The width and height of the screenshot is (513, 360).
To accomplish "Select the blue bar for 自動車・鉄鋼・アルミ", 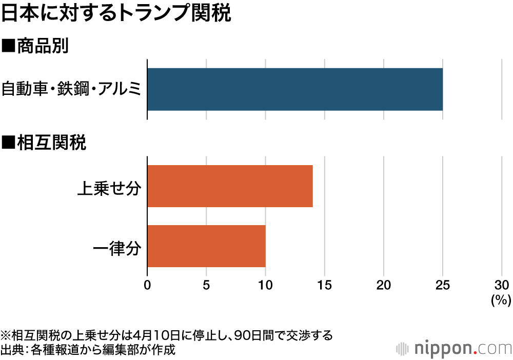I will pyautogui.click(x=295, y=89).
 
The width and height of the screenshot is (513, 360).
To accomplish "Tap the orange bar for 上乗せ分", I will pyautogui.click(x=230, y=186).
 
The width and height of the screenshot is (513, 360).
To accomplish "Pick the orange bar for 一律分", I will pyautogui.click(x=206, y=246).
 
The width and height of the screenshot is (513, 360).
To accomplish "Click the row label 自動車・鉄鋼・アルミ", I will pyautogui.click(x=71, y=89).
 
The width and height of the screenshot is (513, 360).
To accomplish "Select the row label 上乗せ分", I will pyautogui.click(x=108, y=187).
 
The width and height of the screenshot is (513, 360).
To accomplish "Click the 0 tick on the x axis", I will pyautogui.click(x=148, y=285).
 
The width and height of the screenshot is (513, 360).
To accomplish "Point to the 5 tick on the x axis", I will pyautogui.click(x=206, y=285).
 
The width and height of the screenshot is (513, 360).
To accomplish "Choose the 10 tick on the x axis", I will pyautogui.click(x=265, y=285).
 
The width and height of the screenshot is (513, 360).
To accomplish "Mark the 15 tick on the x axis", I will pyautogui.click(x=325, y=285).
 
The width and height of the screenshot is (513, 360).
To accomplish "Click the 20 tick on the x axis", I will pyautogui.click(x=384, y=285).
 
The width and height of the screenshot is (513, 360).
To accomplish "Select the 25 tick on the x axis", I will pyautogui.click(x=443, y=285).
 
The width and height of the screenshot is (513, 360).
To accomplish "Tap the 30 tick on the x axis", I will pyautogui.click(x=501, y=285).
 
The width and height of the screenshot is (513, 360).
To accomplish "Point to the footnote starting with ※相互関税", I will pyautogui.click(x=167, y=336).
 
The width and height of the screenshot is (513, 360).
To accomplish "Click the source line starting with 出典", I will pyautogui.click(x=88, y=350).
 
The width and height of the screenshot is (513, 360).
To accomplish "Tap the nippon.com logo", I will pyautogui.click(x=454, y=348).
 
